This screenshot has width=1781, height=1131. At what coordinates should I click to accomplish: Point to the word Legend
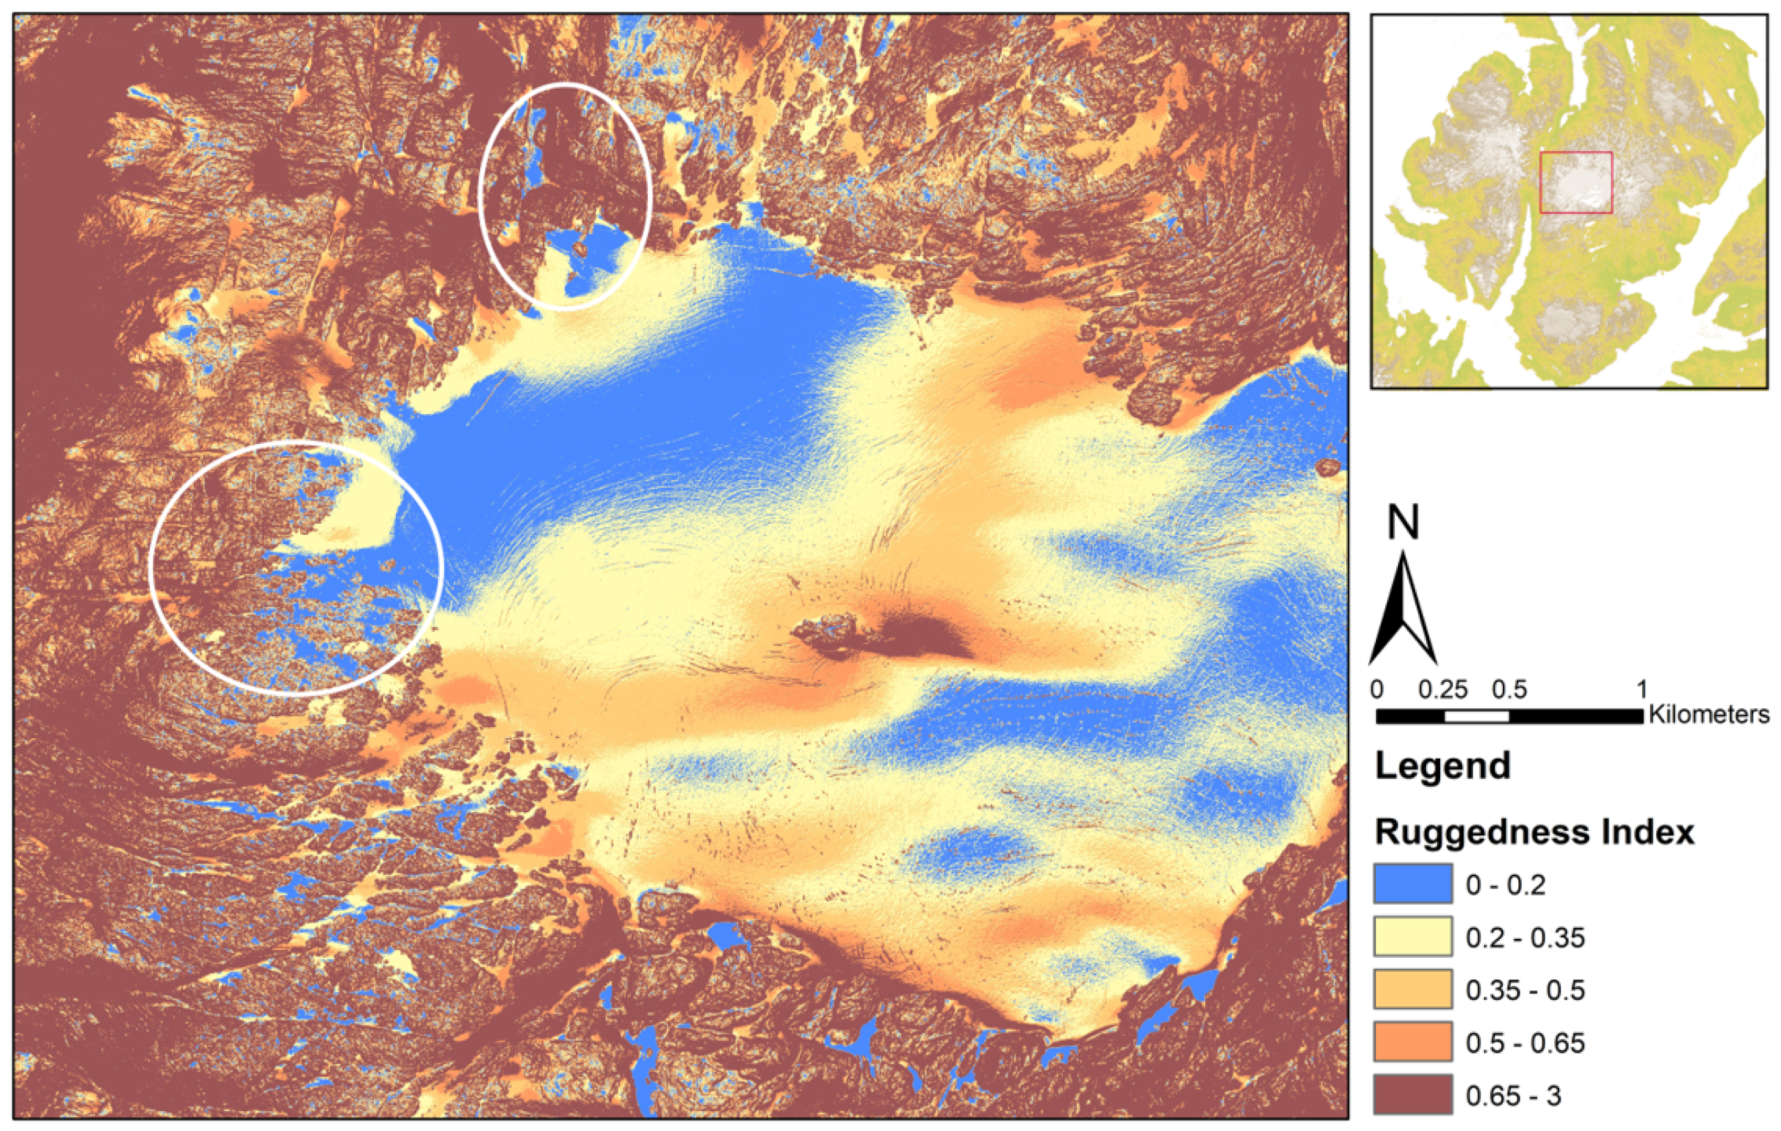[x=1442, y=766]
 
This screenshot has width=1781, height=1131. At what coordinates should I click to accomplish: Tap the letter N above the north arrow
[x=1403, y=522]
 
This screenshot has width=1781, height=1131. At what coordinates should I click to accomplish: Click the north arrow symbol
[x=1403, y=614]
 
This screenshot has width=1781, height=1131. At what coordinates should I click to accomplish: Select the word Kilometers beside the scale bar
[x=1709, y=715]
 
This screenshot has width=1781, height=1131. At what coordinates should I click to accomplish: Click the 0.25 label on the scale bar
[x=1442, y=689]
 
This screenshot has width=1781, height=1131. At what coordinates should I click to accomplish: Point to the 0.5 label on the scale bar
[x=1509, y=689]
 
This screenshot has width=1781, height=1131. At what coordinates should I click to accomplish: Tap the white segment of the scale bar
[x=1476, y=716]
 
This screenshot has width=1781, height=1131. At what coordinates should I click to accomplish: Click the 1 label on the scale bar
[x=1642, y=689]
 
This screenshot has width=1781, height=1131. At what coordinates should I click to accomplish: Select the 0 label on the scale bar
[x=1376, y=689]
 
